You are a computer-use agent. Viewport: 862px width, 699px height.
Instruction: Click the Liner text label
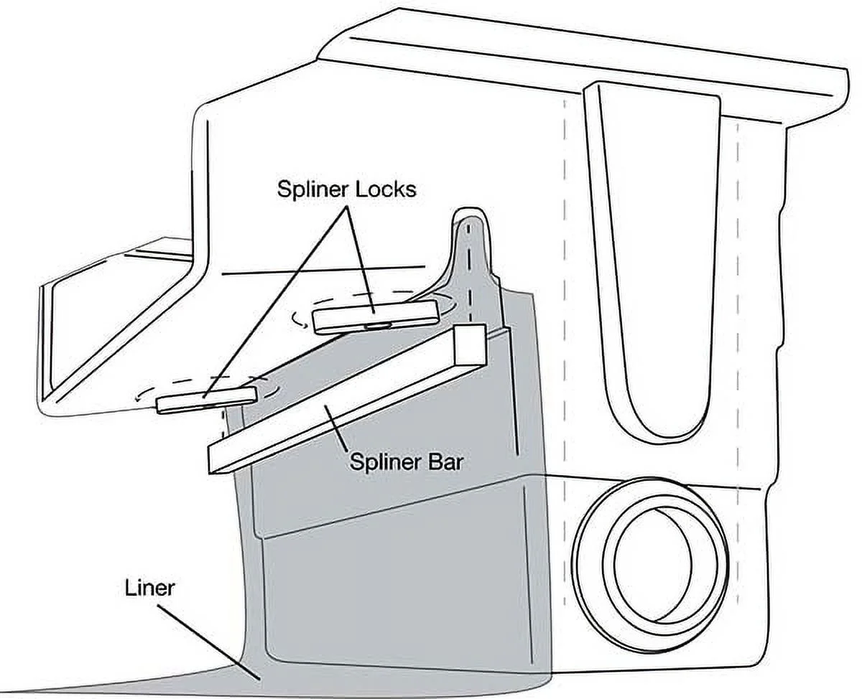(x=149, y=588)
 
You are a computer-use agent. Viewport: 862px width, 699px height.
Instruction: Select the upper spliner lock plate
(x=376, y=315)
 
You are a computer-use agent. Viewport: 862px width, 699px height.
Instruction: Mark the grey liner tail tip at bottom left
(x=22, y=691)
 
